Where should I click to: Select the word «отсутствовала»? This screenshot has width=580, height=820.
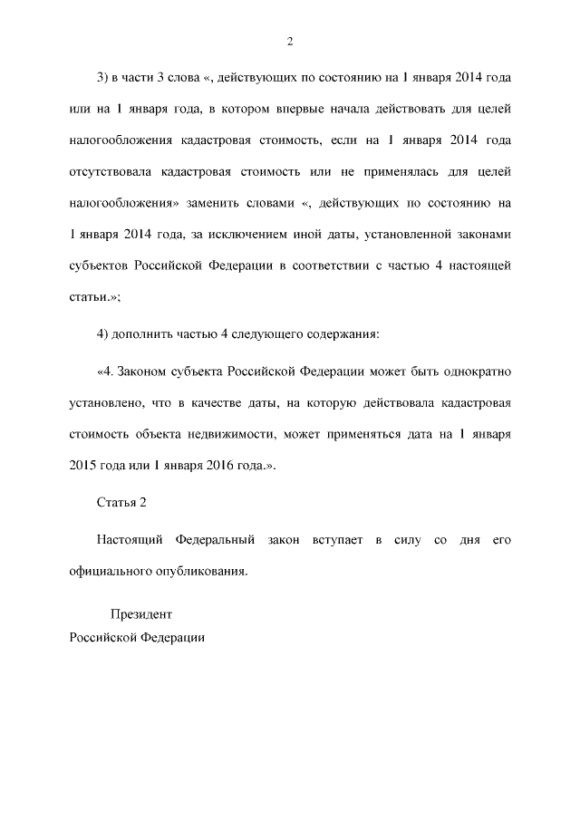point(110,172)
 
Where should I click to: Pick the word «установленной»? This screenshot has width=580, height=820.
point(406,235)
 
